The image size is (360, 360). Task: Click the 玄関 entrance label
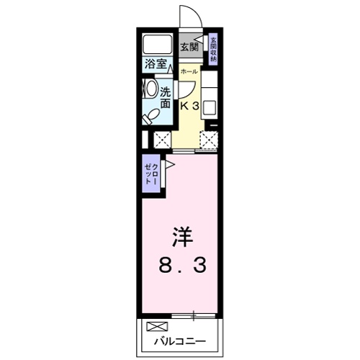[x=189, y=47]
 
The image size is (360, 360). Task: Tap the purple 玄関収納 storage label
[x=213, y=50]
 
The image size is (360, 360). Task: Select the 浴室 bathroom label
[x=156, y=64]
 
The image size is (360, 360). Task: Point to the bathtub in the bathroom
[x=157, y=45]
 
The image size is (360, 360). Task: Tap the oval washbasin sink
[x=151, y=89]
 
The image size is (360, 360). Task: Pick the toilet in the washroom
[x=150, y=116]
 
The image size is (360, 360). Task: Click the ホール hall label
[x=189, y=71]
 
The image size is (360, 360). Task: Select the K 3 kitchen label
[x=189, y=106]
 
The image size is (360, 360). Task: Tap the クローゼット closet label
[x=151, y=174]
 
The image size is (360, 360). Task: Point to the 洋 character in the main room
[x=182, y=237]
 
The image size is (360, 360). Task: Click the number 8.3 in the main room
[x=182, y=266]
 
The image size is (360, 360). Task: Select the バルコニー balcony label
[x=180, y=341]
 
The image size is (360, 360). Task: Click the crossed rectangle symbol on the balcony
[x=157, y=326]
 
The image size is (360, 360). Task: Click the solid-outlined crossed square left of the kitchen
[x=162, y=140]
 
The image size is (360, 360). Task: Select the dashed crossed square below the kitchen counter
[x=209, y=140]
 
